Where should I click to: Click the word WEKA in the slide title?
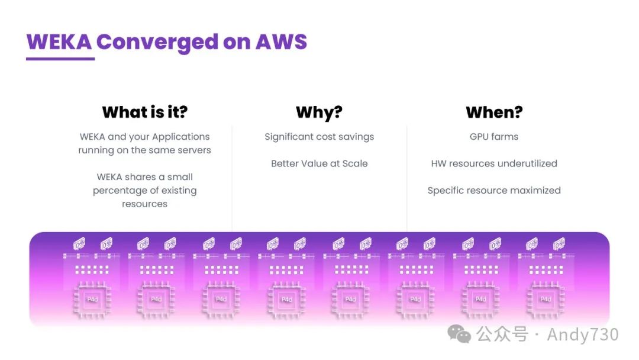tap(59, 42)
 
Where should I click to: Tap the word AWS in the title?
tap(281, 42)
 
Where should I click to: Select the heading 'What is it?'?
tap(144, 112)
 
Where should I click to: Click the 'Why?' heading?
tap(319, 112)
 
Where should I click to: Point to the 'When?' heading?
tap(494, 112)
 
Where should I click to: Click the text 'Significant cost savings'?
tap(319, 137)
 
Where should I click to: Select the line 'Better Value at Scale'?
tap(319, 163)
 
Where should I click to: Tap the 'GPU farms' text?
tap(494, 137)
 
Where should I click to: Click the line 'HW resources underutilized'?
tap(494, 163)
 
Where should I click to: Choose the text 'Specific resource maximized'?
tap(494, 191)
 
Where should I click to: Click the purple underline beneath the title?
tap(60, 59)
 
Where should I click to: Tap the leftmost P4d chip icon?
tap(92, 299)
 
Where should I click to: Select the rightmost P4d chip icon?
tap(546, 299)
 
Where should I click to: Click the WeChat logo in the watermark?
tap(460, 335)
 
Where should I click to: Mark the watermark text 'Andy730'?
tap(582, 335)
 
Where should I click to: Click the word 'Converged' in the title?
tap(157, 42)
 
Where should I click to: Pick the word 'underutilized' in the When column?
tap(527, 163)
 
